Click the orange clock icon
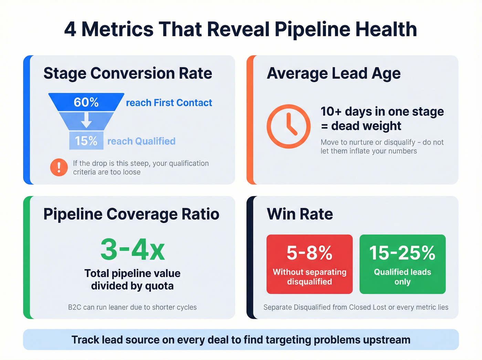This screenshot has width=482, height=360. pyautogui.click(x=289, y=126)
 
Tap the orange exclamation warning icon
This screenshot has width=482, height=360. pyautogui.click(x=59, y=167)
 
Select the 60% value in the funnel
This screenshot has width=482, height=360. pyautogui.click(x=86, y=102)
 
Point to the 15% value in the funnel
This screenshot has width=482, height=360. pyautogui.click(x=86, y=141)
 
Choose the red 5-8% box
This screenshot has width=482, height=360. pyautogui.click(x=310, y=264)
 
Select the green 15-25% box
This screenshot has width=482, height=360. pyautogui.click(x=402, y=264)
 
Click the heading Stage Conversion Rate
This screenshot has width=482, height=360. pyautogui.click(x=128, y=73)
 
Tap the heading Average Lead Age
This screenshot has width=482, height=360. pyautogui.click(x=334, y=73)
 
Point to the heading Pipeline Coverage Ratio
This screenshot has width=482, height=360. pyautogui.click(x=131, y=214)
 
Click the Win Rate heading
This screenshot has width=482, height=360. pyautogui.click(x=300, y=214)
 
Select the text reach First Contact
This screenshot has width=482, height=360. pyautogui.click(x=169, y=103)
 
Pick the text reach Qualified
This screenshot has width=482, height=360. pyautogui.click(x=142, y=141)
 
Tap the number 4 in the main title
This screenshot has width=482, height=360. pyautogui.click(x=70, y=29)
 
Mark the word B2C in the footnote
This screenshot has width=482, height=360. pyautogui.click(x=75, y=307)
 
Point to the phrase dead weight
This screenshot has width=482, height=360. pyautogui.click(x=366, y=126)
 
